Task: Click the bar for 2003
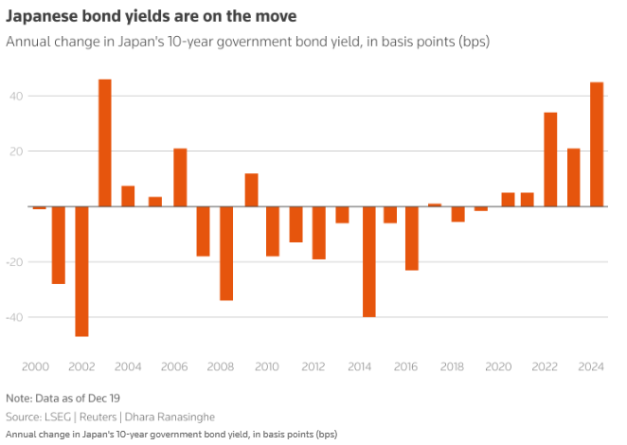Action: click(x=105, y=143)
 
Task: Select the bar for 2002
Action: click(x=81, y=271)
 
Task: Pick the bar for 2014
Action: click(x=368, y=261)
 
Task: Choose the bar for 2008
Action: click(x=227, y=253)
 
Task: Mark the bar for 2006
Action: click(x=180, y=177)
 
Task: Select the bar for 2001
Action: click(x=59, y=245)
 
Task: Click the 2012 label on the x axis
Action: click(x=314, y=365)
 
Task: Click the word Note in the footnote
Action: click(x=18, y=398)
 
